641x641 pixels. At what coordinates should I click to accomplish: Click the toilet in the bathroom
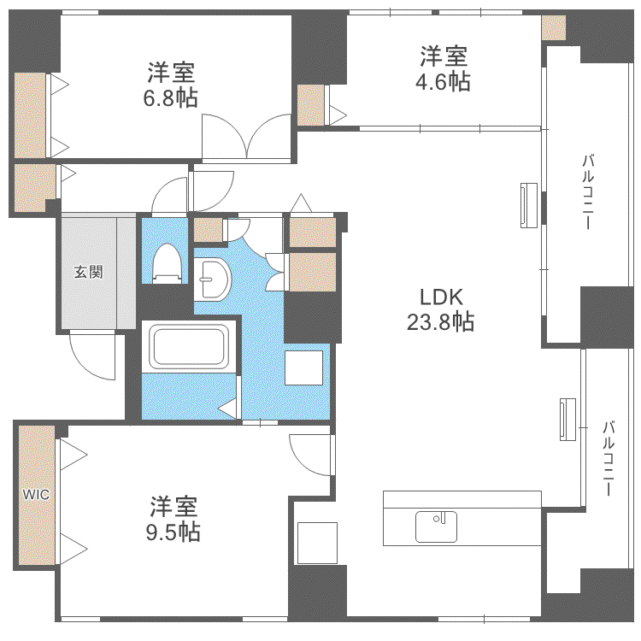(x=167, y=263)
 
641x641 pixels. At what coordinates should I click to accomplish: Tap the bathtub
(x=188, y=347)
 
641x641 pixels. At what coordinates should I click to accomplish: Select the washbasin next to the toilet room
(x=212, y=279)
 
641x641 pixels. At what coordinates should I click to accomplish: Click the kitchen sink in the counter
(x=436, y=526)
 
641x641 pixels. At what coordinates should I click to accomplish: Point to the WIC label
(x=36, y=495)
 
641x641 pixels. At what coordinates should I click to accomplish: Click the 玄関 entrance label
(x=88, y=272)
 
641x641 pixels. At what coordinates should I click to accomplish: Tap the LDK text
(x=441, y=297)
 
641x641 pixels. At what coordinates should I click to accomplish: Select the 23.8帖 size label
(x=440, y=322)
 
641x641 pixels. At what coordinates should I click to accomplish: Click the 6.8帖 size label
(x=170, y=98)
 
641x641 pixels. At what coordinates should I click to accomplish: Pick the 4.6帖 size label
(x=443, y=82)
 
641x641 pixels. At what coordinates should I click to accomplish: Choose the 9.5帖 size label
(x=173, y=532)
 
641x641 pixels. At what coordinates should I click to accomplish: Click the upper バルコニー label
(x=588, y=191)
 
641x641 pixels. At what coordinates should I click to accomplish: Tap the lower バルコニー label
(x=609, y=458)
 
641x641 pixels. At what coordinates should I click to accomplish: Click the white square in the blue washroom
(x=303, y=368)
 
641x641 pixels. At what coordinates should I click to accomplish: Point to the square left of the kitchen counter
(x=317, y=543)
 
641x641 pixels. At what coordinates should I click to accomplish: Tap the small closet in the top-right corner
(x=554, y=28)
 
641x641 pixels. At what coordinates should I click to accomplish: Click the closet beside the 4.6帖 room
(x=311, y=105)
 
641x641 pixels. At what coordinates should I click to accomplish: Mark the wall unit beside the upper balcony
(x=528, y=205)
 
